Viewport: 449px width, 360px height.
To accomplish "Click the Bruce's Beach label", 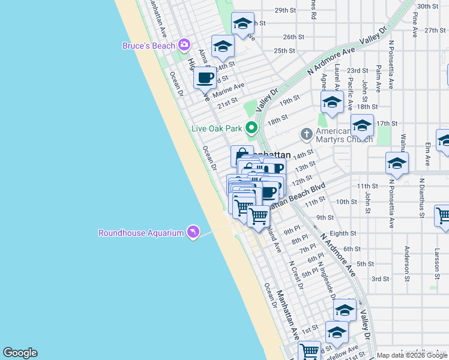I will coord(148,46).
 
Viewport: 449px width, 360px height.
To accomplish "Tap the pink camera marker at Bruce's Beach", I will coord(184,44).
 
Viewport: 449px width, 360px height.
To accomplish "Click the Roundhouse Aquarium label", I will coord(141,232).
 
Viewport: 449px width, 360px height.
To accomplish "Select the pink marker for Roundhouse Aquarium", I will coord(193,232).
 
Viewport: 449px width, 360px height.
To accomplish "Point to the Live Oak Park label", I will coord(216,128).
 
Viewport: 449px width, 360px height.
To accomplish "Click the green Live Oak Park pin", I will coord(252,127).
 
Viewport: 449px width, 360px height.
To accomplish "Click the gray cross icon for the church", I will coord(306,133).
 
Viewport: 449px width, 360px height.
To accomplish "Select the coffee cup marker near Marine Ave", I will coord(205,77).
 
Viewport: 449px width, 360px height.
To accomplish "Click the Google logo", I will coord(20,353).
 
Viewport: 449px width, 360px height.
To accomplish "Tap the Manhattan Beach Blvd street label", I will coord(299,196).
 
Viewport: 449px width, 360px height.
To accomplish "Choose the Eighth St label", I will coord(343,233).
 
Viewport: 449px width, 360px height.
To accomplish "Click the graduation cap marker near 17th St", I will coord(362,125).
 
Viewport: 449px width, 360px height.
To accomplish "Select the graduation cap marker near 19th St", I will coord(332,101).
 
